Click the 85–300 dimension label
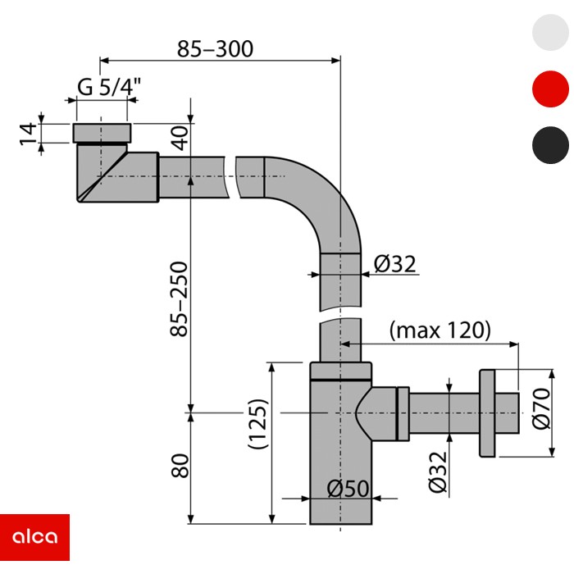click(216, 48)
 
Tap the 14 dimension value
click(28, 132)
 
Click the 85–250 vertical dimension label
click(180, 298)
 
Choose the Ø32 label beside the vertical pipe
click(395, 264)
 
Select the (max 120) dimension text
click(440, 330)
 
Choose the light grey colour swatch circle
click(550, 32)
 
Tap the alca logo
click(34, 538)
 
